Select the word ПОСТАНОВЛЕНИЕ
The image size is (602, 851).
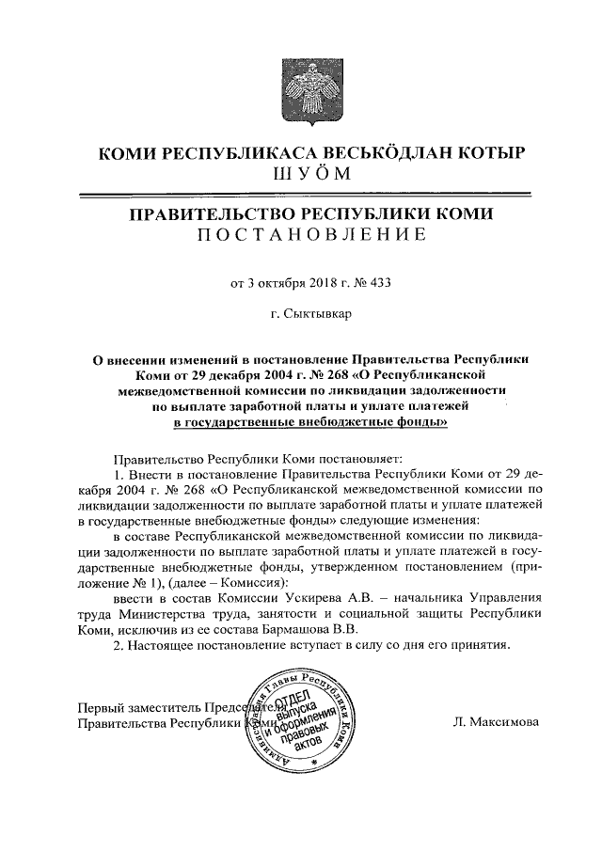point(301,234)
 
